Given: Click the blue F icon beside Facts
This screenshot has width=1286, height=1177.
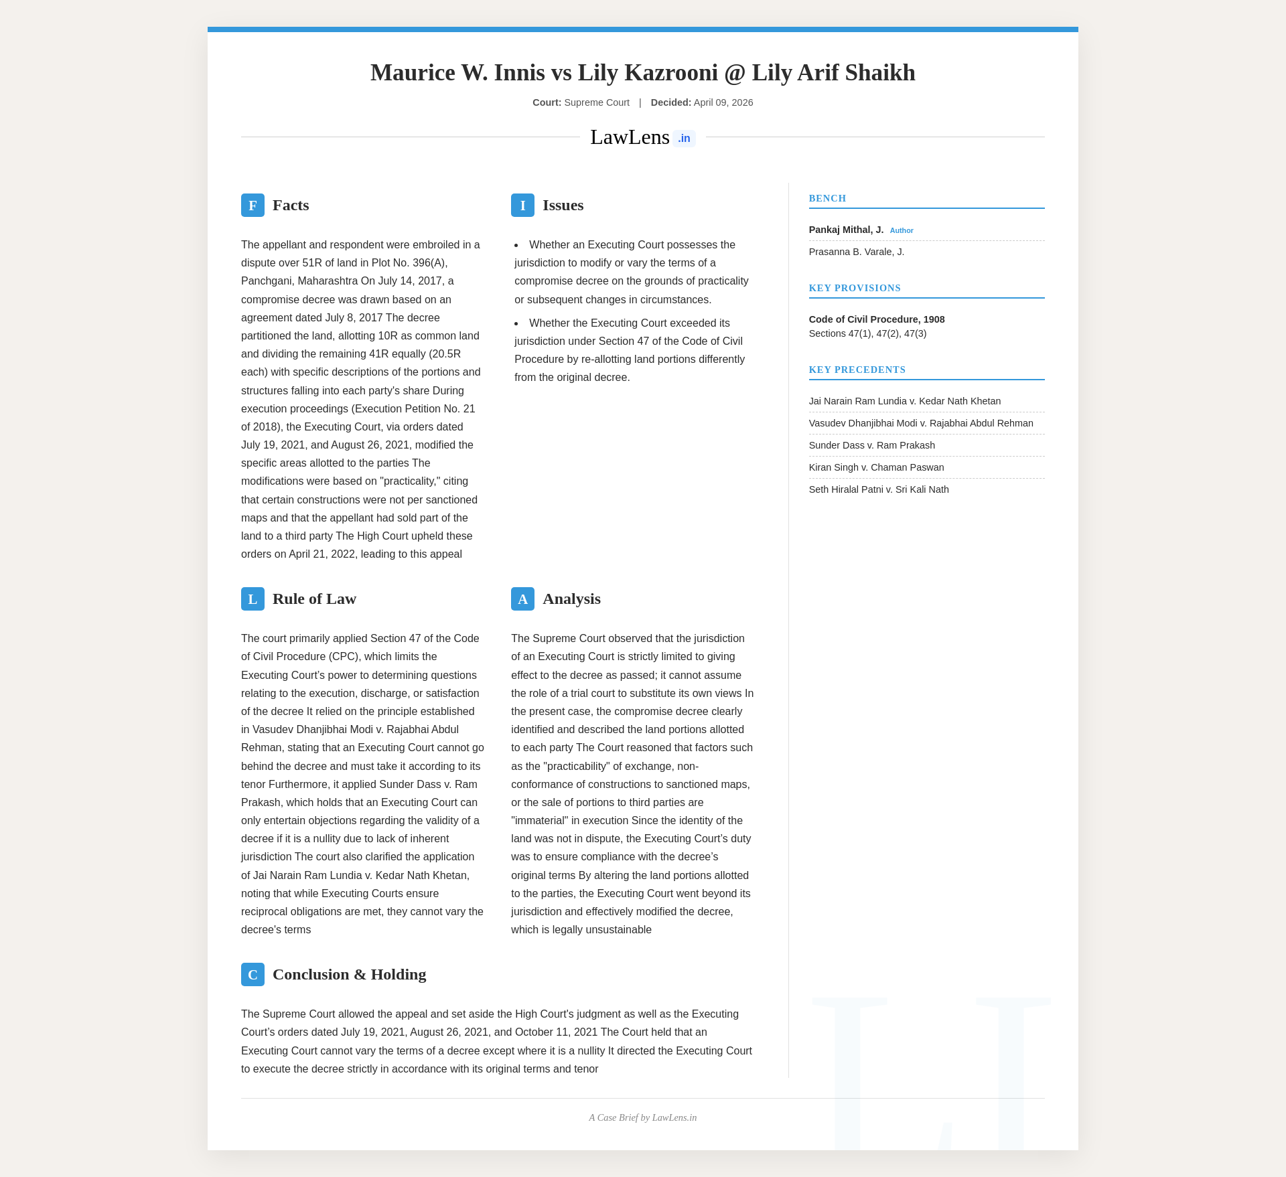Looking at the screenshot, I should pyautogui.click(x=253, y=206).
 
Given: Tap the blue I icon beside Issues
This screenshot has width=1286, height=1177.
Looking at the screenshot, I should pyautogui.click(x=522, y=206).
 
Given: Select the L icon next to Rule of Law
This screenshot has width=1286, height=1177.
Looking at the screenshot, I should pyautogui.click(x=253, y=599).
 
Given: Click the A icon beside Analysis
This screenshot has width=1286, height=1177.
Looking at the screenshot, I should pyautogui.click(x=522, y=599).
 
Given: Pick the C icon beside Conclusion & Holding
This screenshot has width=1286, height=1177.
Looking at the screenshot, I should pyautogui.click(x=253, y=975).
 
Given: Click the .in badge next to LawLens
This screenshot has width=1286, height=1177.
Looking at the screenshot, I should pyautogui.click(x=684, y=139).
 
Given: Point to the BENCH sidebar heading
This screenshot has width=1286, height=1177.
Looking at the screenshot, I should pyautogui.click(x=827, y=199).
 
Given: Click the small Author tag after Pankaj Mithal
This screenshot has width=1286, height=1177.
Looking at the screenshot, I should pyautogui.click(x=902, y=231).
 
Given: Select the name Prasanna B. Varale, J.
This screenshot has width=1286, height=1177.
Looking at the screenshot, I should pyautogui.click(x=856, y=252).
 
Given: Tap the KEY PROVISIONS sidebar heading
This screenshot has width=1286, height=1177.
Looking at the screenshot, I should pyautogui.click(x=855, y=289).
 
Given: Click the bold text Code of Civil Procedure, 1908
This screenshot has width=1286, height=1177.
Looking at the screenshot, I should pyautogui.click(x=876, y=320).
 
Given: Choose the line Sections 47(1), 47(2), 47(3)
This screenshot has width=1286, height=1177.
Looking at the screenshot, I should pyautogui.click(x=867, y=334).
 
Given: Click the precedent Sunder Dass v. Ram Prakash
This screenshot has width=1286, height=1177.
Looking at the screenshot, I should pyautogui.click(x=871, y=446).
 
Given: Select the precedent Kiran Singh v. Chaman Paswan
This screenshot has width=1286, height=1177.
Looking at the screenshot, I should pyautogui.click(x=876, y=468).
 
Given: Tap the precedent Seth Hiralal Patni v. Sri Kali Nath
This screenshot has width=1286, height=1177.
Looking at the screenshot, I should pyautogui.click(x=878, y=490).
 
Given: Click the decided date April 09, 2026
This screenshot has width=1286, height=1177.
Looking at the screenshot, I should pyautogui.click(x=723, y=103).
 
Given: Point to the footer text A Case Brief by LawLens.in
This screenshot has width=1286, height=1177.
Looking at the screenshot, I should pyautogui.click(x=642, y=1118).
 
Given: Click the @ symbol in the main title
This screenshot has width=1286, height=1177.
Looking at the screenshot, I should pyautogui.click(x=735, y=73).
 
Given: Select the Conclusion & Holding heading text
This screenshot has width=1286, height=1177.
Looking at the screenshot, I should pyautogui.click(x=349, y=975).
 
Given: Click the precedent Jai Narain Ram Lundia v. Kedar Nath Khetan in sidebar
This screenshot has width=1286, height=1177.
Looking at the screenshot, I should pyautogui.click(x=904, y=402).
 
